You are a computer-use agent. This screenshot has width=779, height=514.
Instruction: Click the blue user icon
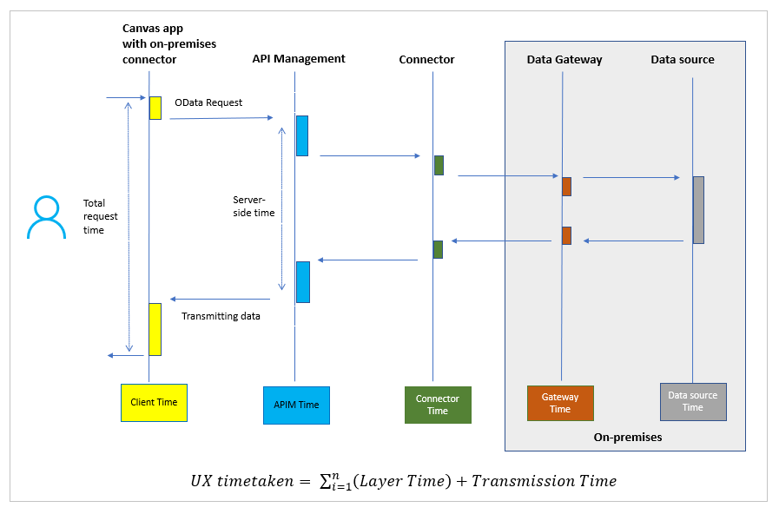46,218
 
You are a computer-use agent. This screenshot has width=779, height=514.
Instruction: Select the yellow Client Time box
154,402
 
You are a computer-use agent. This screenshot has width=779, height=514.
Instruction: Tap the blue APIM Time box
296,405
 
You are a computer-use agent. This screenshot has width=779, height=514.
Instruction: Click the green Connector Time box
438,405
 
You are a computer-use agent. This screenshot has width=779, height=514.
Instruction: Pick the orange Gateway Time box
560,403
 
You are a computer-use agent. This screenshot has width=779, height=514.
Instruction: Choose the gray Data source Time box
692,401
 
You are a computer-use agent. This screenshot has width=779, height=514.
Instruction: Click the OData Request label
208,102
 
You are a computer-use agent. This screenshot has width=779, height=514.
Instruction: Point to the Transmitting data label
221,316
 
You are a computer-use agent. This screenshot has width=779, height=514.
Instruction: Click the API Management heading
299,59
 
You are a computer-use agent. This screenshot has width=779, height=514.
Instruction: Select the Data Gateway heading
564,60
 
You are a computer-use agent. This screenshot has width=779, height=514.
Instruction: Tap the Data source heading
683,60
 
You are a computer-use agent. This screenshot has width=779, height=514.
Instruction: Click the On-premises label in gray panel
627,438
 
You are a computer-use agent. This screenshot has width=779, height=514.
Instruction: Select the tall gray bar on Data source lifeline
698,210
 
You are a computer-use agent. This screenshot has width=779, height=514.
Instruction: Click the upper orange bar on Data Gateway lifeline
566,187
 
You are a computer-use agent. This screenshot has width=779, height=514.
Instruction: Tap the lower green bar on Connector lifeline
439,249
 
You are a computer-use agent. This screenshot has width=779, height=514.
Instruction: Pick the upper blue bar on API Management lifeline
302,135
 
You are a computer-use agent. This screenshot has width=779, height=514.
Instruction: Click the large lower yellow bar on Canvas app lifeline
155,329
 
